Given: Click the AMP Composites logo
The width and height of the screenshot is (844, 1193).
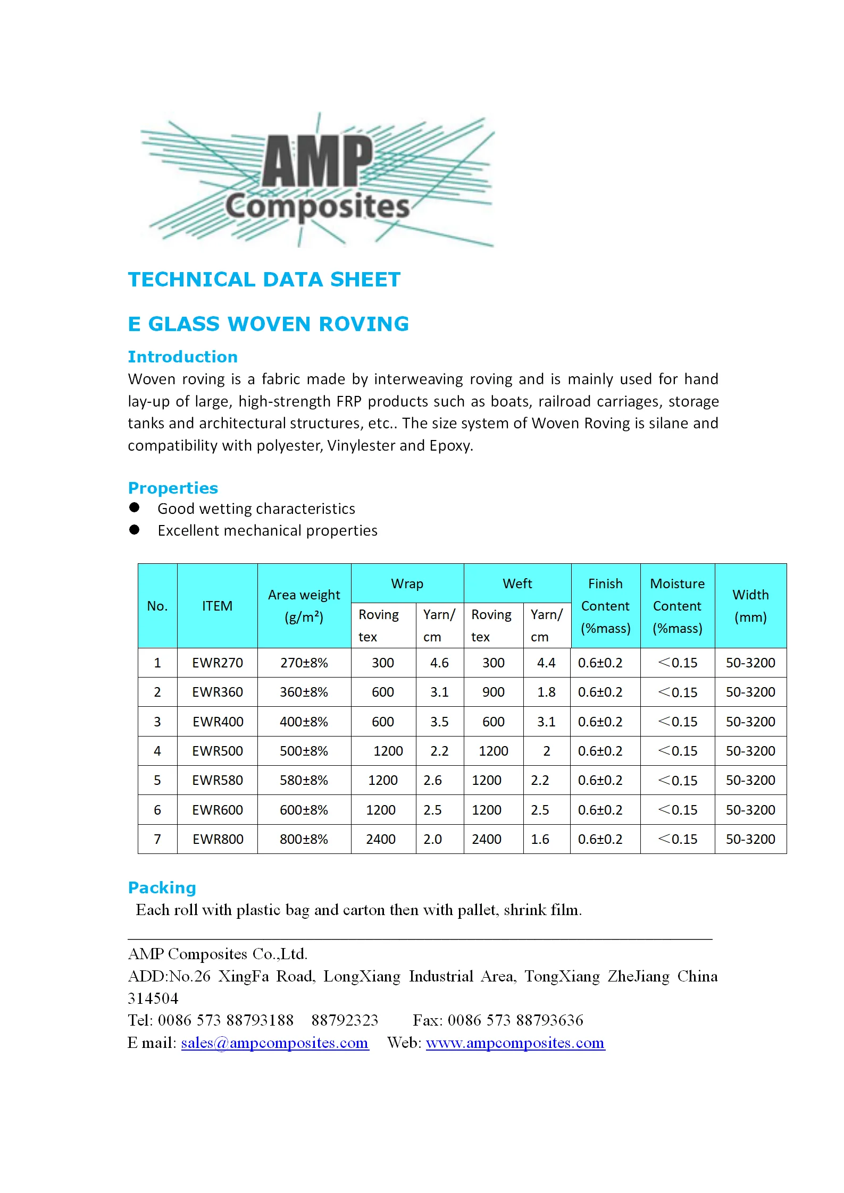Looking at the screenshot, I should click(317, 180).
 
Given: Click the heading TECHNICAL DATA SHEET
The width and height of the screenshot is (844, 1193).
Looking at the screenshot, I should click(264, 280).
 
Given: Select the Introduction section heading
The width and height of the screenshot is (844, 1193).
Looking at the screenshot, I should click(182, 357).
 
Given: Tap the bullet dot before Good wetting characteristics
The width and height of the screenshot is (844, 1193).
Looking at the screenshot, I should click(135, 507).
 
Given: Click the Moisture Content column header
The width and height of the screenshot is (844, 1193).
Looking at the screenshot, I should click(677, 606).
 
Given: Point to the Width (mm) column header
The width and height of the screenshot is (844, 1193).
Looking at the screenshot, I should click(750, 606).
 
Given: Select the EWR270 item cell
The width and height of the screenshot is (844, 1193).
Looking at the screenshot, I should click(218, 663).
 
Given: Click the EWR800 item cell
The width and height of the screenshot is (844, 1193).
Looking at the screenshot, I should click(218, 839).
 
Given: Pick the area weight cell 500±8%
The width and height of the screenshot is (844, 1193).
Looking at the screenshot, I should click(304, 751).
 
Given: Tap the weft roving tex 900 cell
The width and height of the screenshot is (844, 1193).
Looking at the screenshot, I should click(493, 692).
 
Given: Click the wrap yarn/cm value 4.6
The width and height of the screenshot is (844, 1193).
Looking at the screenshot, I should click(439, 663).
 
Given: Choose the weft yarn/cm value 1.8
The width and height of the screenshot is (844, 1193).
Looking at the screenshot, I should click(546, 692).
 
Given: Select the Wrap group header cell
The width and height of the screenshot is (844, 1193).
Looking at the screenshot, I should click(407, 583).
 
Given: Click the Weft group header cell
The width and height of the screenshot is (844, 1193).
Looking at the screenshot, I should click(517, 583).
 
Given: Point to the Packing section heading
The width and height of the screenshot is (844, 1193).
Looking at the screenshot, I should click(162, 887).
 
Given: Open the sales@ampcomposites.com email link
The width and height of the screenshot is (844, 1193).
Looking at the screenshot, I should click(274, 1043).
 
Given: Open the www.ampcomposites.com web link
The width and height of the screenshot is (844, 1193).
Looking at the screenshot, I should click(515, 1043).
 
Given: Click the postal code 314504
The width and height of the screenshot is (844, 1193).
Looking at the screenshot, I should click(153, 999).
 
